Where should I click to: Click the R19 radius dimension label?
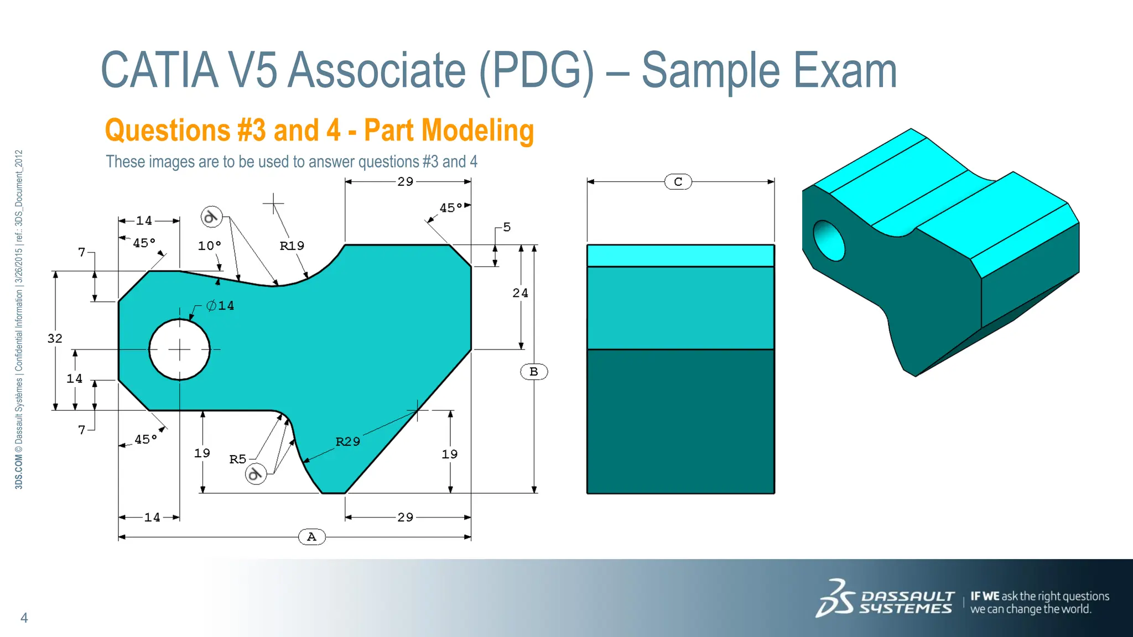pyautogui.click(x=292, y=246)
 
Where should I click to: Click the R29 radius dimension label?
pyautogui.click(x=347, y=441)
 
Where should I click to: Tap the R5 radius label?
pyautogui.click(x=238, y=459)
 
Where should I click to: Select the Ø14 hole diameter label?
pyautogui.click(x=220, y=305)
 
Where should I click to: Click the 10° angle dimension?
pyautogui.click(x=209, y=246)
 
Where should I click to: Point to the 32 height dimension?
pyautogui.click(x=55, y=338)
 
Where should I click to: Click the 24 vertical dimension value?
pyautogui.click(x=520, y=293)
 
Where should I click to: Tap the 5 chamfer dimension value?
pyautogui.click(x=507, y=227)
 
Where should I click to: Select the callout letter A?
pyautogui.click(x=311, y=536)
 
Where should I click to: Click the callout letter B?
pyautogui.click(x=534, y=372)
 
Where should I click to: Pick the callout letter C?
pyautogui.click(x=678, y=182)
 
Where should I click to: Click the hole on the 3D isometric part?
pyautogui.click(x=829, y=241)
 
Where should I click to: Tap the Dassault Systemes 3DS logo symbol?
pyautogui.click(x=835, y=598)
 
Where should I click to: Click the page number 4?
pyautogui.click(x=24, y=618)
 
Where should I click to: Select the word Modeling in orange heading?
pyautogui.click(x=477, y=130)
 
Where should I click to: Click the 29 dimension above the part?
pyautogui.click(x=405, y=181)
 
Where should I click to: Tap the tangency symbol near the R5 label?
pyautogui.click(x=256, y=474)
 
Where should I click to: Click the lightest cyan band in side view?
pyautogui.click(x=680, y=255)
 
